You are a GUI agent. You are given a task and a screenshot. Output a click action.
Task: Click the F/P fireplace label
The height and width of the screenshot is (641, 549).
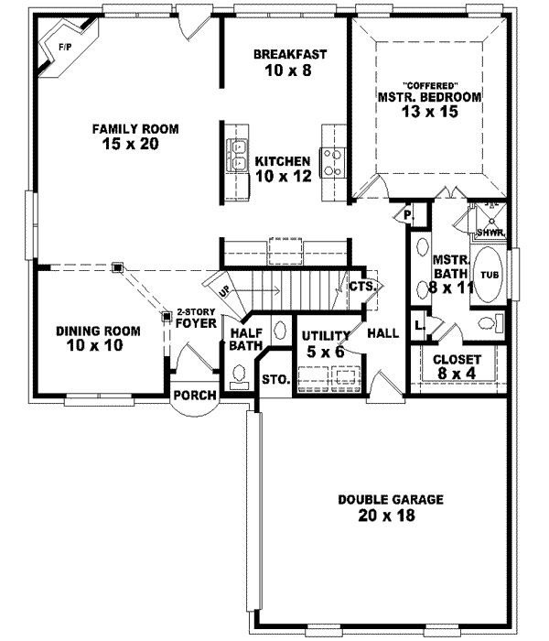point(65,46)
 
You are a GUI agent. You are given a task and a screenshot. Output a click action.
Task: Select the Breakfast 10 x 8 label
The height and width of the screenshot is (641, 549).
point(289,61)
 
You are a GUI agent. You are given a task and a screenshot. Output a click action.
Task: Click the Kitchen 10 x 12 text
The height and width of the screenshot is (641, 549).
point(283,168)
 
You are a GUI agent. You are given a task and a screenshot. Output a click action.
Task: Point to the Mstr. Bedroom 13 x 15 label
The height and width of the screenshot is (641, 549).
point(416,103)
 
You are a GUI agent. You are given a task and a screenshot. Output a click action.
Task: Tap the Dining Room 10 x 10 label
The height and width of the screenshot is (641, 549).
point(97,338)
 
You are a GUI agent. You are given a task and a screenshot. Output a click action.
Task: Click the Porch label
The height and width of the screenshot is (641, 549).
point(195,396)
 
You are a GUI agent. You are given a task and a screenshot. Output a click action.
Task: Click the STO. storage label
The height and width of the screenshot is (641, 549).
point(275,378)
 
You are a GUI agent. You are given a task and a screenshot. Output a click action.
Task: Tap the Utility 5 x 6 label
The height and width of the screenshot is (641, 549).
point(326,342)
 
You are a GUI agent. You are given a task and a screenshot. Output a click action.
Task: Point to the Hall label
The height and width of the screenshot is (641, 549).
point(382,332)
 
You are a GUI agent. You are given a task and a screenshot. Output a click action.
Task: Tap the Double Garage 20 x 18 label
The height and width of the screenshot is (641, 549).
point(391,508)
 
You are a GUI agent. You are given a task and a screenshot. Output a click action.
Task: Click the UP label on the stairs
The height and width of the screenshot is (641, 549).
point(224,290)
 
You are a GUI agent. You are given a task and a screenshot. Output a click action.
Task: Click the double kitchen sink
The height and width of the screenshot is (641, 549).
point(241,156)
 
